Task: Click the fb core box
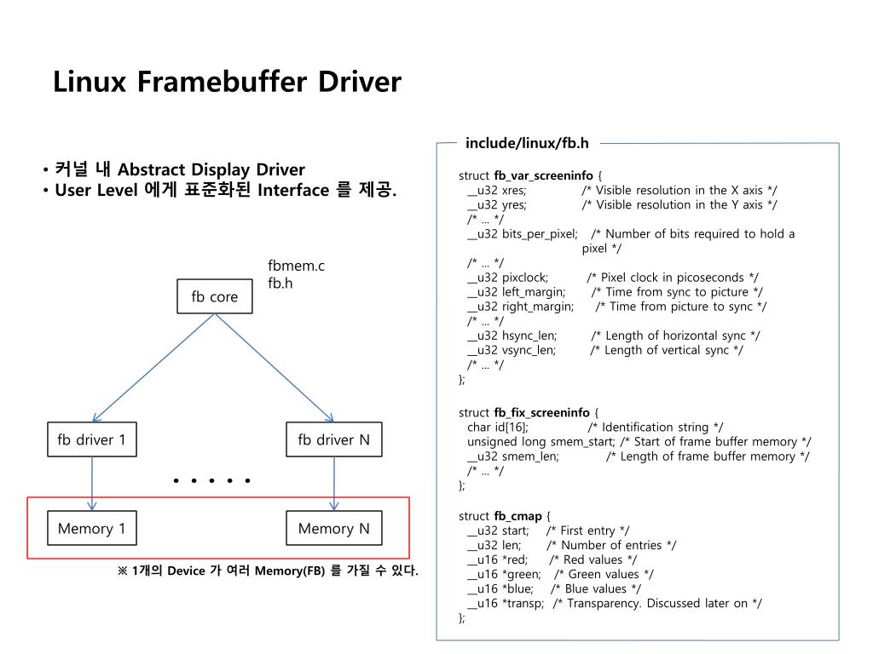click(214, 297)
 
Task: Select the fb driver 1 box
click(91, 440)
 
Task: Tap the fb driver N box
click(333, 440)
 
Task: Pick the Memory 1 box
click(91, 529)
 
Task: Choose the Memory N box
click(333, 529)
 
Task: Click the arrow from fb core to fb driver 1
click(153, 368)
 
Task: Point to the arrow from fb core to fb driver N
click(273, 368)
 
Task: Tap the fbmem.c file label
click(296, 267)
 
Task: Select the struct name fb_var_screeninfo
click(543, 176)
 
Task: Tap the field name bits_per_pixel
click(540, 234)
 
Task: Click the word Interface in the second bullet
click(292, 190)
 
